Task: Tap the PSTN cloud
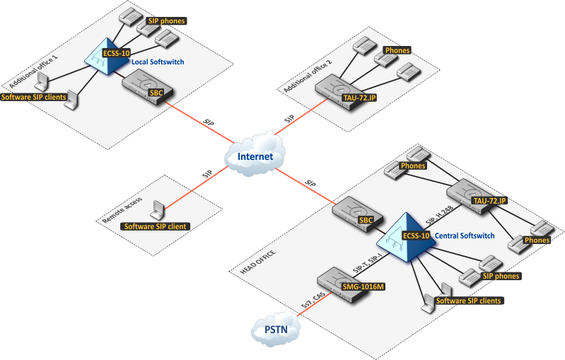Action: pos(276,330)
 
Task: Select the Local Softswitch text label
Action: pos(158,62)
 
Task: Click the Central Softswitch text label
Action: pos(465,235)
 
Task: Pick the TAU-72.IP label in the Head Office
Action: pos(489,201)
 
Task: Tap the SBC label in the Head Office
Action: pos(366,220)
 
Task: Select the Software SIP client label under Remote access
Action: pos(155,226)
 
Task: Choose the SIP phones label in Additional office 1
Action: pos(166,21)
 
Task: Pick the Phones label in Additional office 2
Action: pos(397,51)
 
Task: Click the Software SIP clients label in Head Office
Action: pos(468,301)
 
